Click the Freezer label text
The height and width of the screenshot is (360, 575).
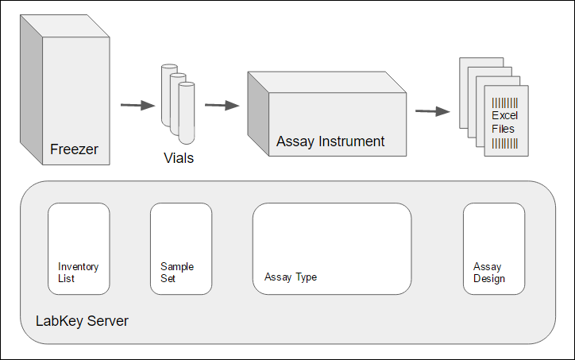(73, 149)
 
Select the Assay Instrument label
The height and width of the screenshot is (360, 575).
(330, 141)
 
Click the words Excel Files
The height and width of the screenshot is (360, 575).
(503, 122)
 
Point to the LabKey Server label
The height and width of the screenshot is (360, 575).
(82, 322)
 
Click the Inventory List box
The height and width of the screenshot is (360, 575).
(79, 249)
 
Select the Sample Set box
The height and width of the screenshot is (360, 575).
(180, 249)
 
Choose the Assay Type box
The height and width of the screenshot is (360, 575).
(331, 249)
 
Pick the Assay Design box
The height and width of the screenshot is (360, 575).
(493, 249)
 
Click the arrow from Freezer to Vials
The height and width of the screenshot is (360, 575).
(137, 105)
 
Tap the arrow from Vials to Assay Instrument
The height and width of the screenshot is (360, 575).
(222, 105)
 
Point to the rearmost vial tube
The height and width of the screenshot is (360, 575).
(168, 87)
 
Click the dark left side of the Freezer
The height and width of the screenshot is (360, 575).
(31, 91)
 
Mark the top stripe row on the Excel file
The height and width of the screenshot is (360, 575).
(504, 103)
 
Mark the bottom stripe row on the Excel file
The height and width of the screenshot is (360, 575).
(504, 143)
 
